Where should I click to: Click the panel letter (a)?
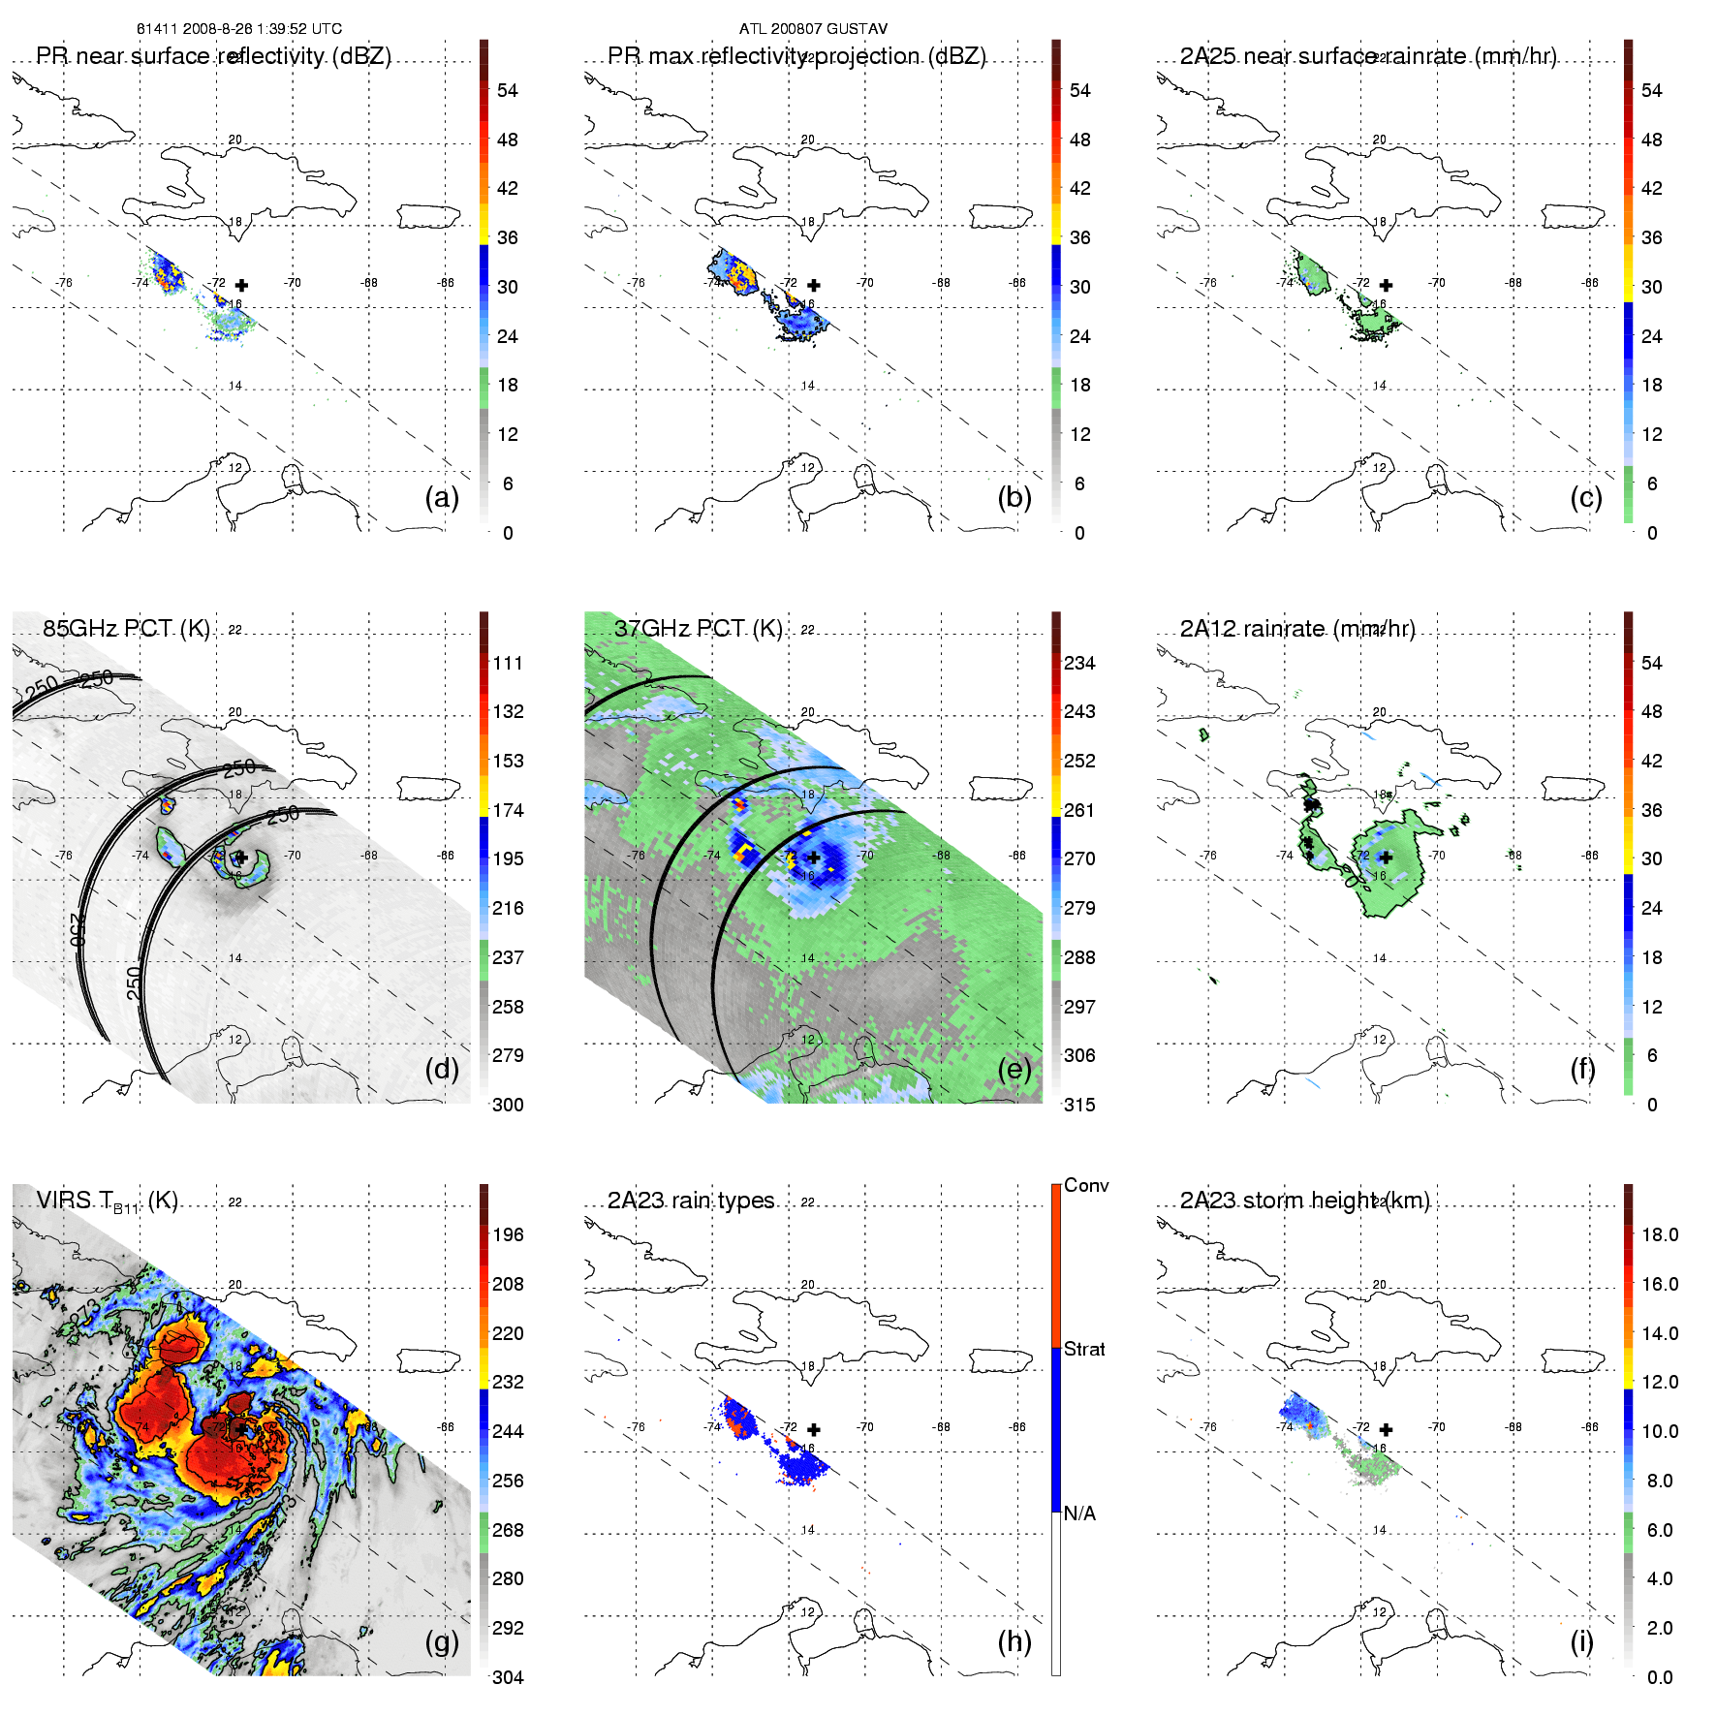442,497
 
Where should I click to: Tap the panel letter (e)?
1014,1069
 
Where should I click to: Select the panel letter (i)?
1581,1641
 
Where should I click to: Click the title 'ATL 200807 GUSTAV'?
813,29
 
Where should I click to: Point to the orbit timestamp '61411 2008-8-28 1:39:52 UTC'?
238,29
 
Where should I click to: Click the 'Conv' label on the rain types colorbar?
1085,1185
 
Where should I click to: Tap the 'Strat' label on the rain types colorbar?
1083,1349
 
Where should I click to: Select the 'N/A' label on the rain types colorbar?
1078,1513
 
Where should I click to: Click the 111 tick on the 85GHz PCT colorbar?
508,663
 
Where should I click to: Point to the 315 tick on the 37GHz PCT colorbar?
1079,1105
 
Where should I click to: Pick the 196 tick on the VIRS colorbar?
508,1234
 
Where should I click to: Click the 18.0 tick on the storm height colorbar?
1659,1234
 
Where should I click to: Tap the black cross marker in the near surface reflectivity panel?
241,285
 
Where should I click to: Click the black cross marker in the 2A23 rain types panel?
814,1429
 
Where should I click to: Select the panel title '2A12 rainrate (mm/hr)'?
1296,629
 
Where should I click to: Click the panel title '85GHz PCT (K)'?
126,629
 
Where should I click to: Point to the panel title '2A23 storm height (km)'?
1304,1201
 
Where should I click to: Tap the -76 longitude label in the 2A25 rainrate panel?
1208,283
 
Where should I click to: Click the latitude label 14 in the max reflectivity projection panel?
807,386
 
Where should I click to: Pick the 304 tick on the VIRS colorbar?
508,1677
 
